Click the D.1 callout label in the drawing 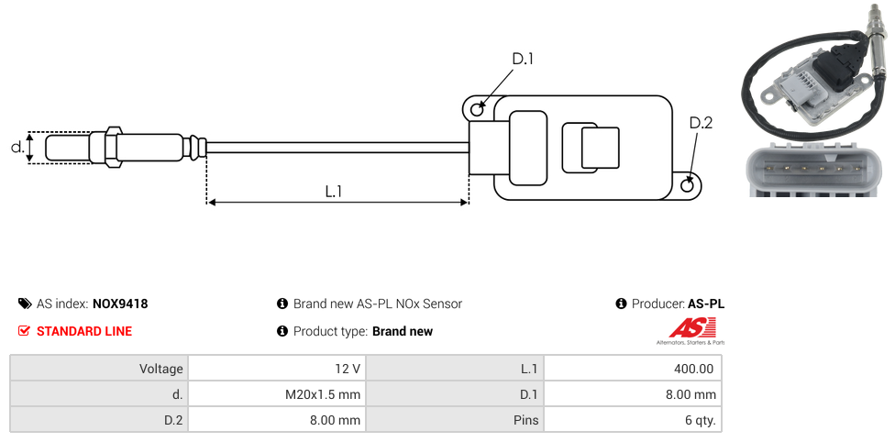click(x=523, y=60)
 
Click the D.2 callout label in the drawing click(x=701, y=124)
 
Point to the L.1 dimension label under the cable click(x=334, y=192)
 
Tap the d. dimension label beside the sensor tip click(x=17, y=147)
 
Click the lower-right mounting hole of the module click(x=689, y=186)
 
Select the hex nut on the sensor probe click(x=113, y=147)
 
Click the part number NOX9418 click(x=120, y=304)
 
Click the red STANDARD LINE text click(x=83, y=331)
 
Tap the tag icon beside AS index click(x=25, y=304)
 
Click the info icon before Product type click(x=282, y=331)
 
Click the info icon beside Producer click(x=621, y=304)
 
